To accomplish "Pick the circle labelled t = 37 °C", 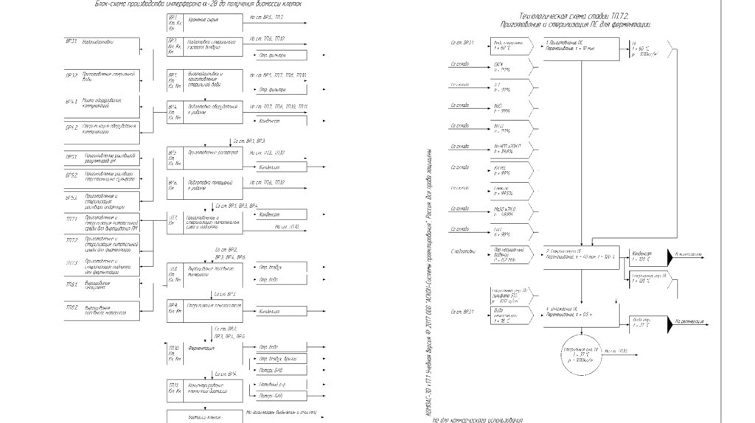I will point(582,352).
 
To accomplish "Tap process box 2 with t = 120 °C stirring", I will point(582,254).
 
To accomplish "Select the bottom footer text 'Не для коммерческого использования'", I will point(479,418).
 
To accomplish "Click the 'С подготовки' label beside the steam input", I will point(464,252).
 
